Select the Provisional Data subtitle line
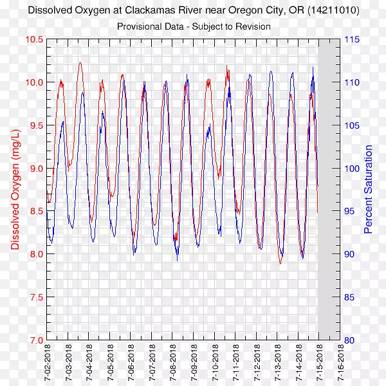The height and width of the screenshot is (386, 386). pyautogui.click(x=193, y=26)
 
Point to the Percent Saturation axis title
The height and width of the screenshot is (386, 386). pyautogui.click(x=369, y=189)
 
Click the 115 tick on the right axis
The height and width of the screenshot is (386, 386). pyautogui.click(x=351, y=39)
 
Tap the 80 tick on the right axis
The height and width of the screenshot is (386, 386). pyautogui.click(x=349, y=340)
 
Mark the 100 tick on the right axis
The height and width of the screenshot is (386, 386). pyautogui.click(x=351, y=169)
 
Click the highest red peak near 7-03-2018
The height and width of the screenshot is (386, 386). pyautogui.click(x=80, y=62)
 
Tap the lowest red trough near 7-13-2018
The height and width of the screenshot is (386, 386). pyautogui.click(x=280, y=263)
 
